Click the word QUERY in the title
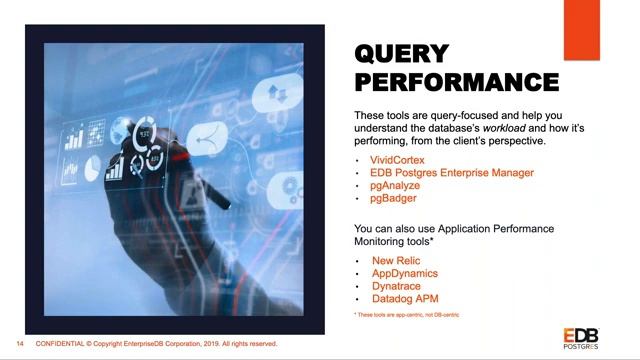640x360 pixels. pos(402,53)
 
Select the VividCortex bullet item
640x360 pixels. pos(399,160)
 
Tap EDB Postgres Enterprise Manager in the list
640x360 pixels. pos(452,173)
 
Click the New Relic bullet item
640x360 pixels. pos(397,261)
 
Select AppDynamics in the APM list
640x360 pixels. pos(404,274)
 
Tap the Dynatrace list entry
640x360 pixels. pos(399,287)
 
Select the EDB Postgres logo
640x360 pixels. pos(583,336)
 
